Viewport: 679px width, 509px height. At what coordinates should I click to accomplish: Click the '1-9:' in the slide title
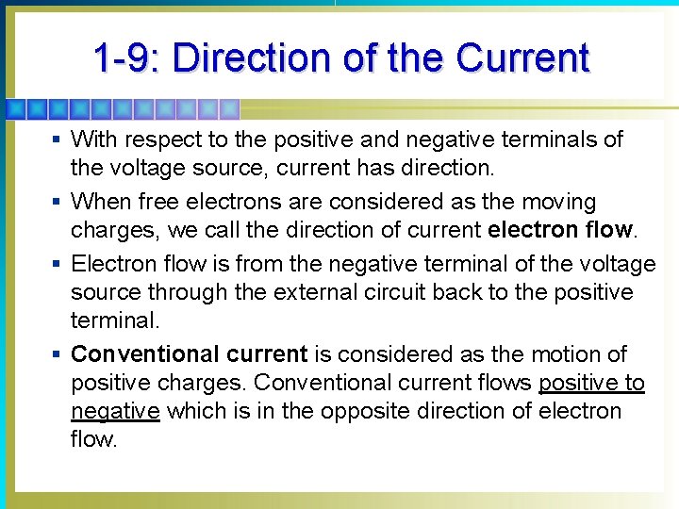pos(125,57)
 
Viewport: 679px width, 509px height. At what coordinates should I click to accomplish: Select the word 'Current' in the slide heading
pos(522,57)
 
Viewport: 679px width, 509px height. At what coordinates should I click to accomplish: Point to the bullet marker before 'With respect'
pos(57,140)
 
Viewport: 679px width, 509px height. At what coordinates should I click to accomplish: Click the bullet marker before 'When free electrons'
pos(57,202)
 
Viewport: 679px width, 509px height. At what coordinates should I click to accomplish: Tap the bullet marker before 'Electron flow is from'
pos(57,263)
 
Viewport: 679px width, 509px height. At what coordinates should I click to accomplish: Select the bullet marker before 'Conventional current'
pos(57,354)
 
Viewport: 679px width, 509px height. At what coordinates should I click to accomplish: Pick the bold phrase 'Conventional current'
pos(189,354)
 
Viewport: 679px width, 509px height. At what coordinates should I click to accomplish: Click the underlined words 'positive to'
pos(591,383)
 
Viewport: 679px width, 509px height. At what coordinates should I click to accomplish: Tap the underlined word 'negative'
pos(115,412)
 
